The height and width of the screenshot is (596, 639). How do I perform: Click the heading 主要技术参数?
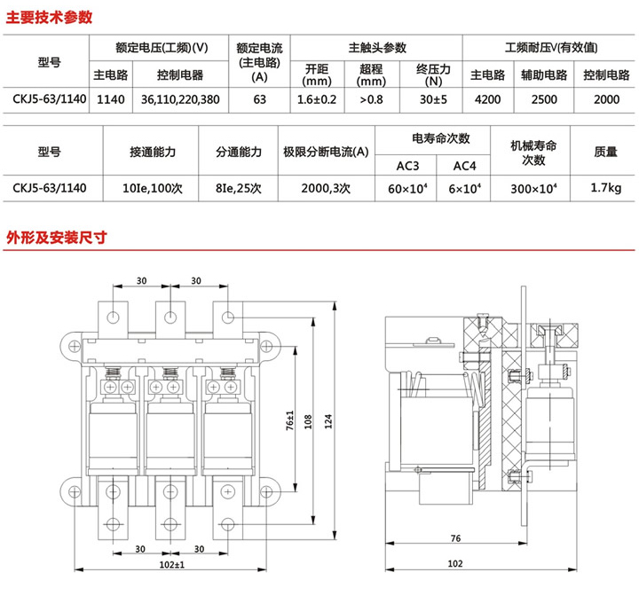tap(50, 18)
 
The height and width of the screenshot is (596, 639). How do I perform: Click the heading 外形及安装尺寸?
tap(56, 237)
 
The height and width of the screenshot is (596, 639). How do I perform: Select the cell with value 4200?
tap(487, 99)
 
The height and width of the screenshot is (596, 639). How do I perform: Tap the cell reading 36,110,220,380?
tap(180, 99)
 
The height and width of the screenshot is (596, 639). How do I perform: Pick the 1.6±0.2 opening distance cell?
tap(317, 99)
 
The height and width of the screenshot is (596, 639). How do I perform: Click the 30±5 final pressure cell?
tap(433, 99)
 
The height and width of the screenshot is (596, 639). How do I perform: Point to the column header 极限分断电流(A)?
tap(326, 152)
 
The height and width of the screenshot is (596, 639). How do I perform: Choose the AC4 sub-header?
tap(464, 166)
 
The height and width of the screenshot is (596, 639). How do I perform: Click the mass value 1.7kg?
tap(606, 187)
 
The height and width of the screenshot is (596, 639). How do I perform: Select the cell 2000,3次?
tap(326, 188)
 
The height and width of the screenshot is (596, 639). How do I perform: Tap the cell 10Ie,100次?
tap(153, 188)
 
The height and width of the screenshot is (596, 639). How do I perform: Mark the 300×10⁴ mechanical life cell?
tap(533, 188)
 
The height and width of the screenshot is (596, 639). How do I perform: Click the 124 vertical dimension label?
tap(328, 421)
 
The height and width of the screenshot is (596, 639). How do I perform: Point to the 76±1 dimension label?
tap(289, 420)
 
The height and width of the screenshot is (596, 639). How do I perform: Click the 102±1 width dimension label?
tap(171, 565)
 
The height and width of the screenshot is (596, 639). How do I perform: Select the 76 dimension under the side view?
tap(455, 538)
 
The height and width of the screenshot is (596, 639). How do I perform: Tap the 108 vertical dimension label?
tap(308, 421)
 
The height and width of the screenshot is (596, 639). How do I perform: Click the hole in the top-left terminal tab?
tap(113, 317)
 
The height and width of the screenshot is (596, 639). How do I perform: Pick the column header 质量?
tap(605, 152)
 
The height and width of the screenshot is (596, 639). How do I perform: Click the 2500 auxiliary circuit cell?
tap(544, 99)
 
